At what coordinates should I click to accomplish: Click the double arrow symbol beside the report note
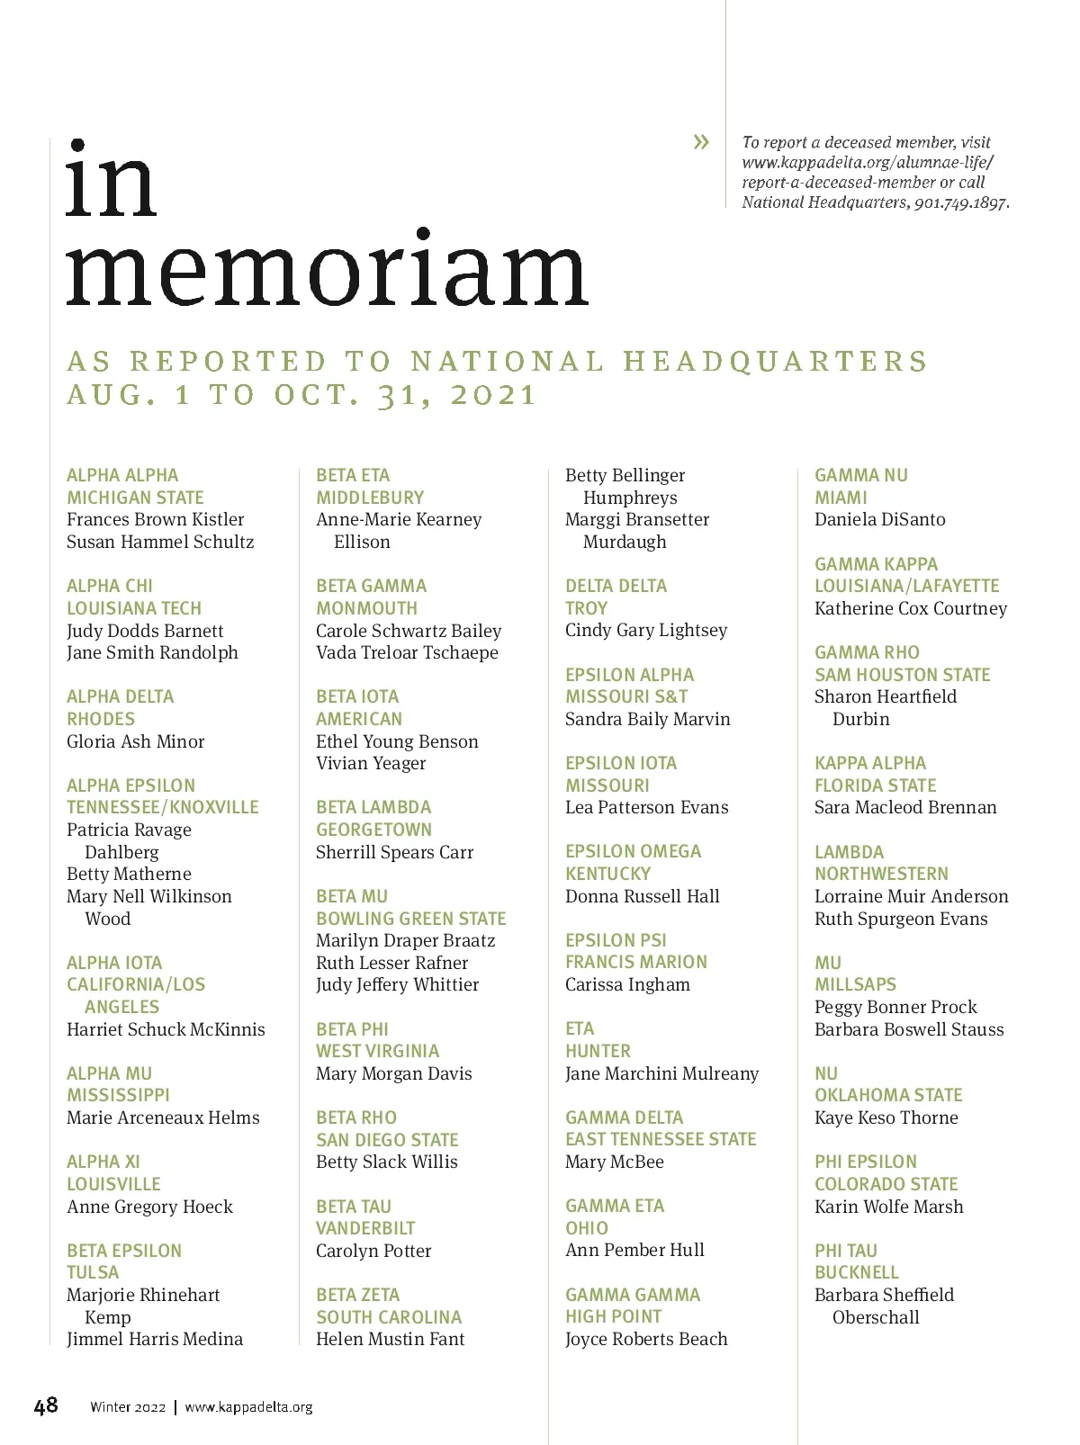click(x=701, y=141)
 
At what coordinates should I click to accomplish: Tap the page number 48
click(x=46, y=1405)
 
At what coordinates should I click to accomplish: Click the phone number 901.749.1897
click(x=960, y=202)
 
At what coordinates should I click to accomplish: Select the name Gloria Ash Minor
click(x=136, y=741)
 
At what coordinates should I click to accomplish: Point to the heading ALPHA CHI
click(x=110, y=586)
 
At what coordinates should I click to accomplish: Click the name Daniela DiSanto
click(x=879, y=519)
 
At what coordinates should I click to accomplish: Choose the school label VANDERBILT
click(x=365, y=1228)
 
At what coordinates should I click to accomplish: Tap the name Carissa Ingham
click(x=627, y=984)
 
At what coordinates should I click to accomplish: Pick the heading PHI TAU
click(x=845, y=1251)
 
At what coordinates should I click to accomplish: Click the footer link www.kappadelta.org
click(x=248, y=1407)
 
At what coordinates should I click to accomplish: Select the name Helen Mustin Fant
click(x=390, y=1339)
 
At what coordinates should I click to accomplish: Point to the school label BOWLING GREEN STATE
click(x=410, y=919)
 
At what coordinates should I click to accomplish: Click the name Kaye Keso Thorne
click(x=886, y=1117)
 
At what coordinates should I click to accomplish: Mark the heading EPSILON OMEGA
click(x=633, y=851)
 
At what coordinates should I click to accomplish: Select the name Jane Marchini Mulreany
click(x=661, y=1073)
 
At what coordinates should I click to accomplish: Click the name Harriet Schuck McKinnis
click(x=166, y=1029)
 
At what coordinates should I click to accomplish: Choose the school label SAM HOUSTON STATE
click(x=902, y=675)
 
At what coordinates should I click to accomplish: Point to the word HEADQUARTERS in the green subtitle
click(x=774, y=362)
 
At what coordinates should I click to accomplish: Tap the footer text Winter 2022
click(x=128, y=1407)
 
